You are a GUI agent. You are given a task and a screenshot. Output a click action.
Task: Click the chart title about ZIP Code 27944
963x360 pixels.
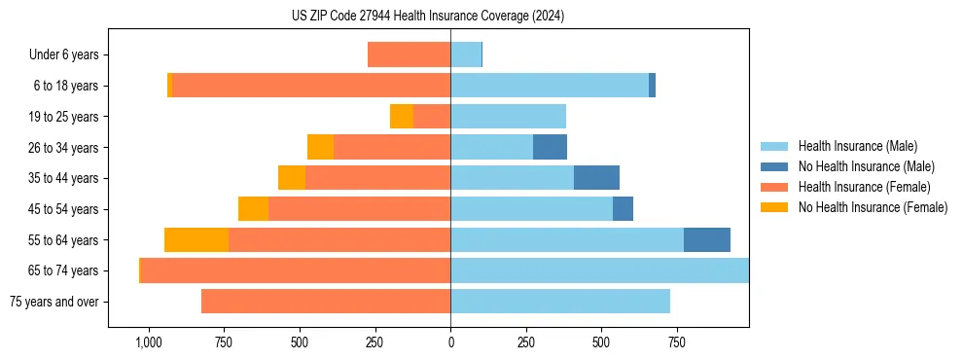[x=428, y=16]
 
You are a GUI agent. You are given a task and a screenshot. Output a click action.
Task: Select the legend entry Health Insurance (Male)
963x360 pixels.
[x=855, y=146]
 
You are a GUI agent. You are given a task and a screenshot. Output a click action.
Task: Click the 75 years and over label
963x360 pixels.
[x=53, y=302]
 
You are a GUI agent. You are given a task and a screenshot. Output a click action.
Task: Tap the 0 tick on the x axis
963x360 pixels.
[x=450, y=342]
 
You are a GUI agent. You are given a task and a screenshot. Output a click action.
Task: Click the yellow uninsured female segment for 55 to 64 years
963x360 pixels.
[x=196, y=240]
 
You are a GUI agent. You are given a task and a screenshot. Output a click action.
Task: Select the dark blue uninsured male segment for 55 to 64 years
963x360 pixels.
[x=707, y=240]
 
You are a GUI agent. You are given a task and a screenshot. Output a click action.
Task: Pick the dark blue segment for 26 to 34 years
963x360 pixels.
[x=550, y=148]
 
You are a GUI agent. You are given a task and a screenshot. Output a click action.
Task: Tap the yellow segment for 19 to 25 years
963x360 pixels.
[x=402, y=117]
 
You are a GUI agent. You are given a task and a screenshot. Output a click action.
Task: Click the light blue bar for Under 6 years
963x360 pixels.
[x=466, y=55]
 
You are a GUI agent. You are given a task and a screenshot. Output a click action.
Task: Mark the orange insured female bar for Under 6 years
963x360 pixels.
[x=409, y=55]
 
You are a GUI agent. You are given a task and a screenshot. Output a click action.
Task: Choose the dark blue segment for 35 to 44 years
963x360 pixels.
[x=596, y=178]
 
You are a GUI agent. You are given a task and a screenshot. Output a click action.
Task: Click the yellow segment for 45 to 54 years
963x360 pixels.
[x=253, y=209]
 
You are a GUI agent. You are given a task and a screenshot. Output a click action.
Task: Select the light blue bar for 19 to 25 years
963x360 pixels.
[x=508, y=117]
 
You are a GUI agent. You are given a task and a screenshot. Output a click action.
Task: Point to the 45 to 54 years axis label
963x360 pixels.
[x=63, y=209]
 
